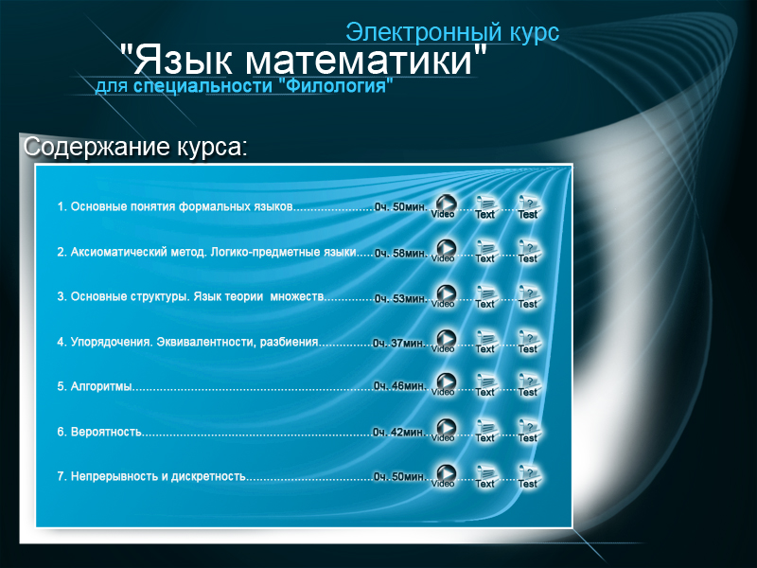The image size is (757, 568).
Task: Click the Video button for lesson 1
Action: click(443, 206)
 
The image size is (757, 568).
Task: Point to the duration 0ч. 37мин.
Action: click(399, 343)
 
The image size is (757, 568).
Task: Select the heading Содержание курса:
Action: click(134, 148)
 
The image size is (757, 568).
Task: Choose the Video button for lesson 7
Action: click(443, 476)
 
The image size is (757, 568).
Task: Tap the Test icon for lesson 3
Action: click(528, 296)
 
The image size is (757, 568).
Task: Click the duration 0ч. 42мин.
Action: click(399, 432)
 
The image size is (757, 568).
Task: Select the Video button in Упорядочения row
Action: click(443, 342)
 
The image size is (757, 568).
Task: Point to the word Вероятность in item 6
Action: click(106, 432)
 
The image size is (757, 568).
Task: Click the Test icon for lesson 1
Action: click(528, 206)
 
